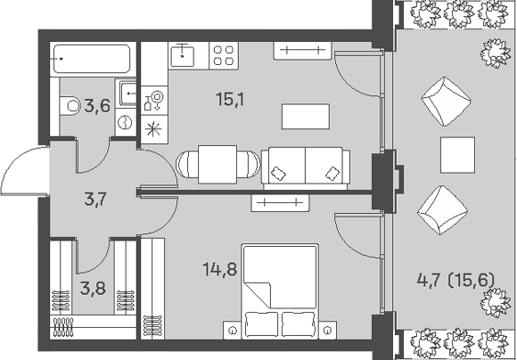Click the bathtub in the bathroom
[x=93, y=59]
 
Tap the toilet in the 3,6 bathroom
[x=70, y=106]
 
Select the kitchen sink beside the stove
[x=183, y=56]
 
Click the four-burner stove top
[x=224, y=56]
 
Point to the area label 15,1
[x=230, y=99]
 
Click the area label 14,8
[x=220, y=269]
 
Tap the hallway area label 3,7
[x=95, y=200]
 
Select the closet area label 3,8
[x=94, y=288]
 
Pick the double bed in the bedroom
[x=280, y=291]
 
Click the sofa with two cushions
[x=306, y=168]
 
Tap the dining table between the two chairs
[x=217, y=165]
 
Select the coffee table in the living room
[x=306, y=117]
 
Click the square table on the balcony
[x=457, y=155]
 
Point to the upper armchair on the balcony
[x=446, y=102]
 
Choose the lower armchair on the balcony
[x=442, y=210]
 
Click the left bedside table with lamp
[x=233, y=330]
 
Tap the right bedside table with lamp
[x=327, y=330]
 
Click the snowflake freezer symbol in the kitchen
[x=154, y=129]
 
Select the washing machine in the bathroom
[x=126, y=122]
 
